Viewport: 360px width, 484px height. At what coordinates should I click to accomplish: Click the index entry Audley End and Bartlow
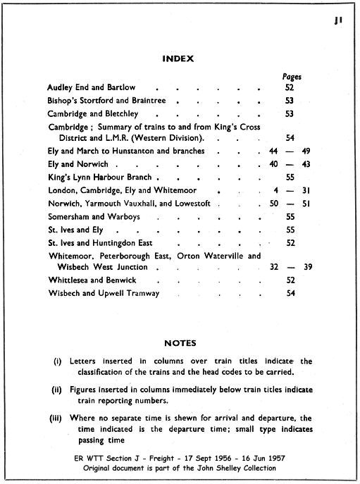(x=91, y=87)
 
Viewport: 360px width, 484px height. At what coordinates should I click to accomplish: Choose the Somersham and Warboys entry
(x=96, y=216)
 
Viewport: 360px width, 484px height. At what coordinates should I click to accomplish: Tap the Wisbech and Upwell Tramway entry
(x=103, y=292)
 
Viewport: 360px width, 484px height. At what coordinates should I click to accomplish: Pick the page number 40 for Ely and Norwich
(x=274, y=164)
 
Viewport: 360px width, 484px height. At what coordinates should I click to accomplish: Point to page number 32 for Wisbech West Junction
(x=275, y=267)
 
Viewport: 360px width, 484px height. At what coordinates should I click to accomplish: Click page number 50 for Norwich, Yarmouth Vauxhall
(x=274, y=203)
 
